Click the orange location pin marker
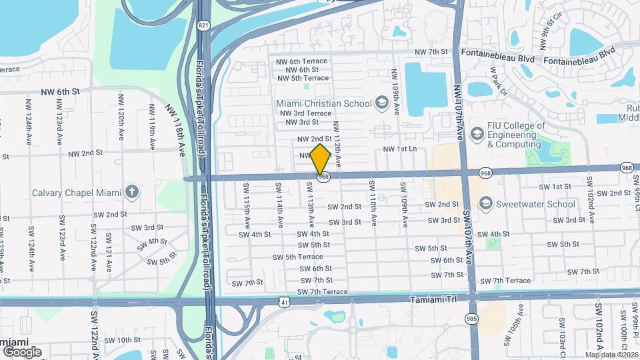point(321,159)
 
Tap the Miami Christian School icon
point(381,103)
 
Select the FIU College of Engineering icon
point(477,135)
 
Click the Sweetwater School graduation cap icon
point(486,204)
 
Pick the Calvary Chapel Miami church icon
point(132,193)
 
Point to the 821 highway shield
point(203,25)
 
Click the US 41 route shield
point(285,303)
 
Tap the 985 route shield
point(472,319)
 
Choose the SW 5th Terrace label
point(297,257)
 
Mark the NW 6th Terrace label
point(302,61)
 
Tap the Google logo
point(22,351)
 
